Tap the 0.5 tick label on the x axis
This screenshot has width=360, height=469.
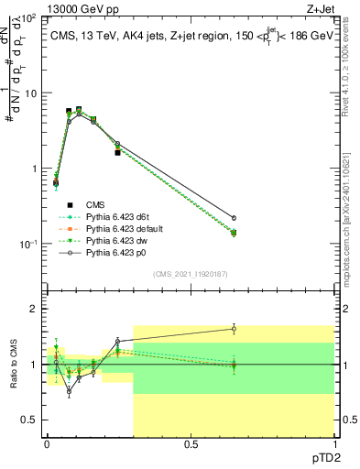pos(191,444)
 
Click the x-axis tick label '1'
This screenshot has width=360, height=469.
pos(334,444)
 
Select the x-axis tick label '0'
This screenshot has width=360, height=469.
pos(47,444)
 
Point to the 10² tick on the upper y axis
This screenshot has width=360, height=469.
pos(29,18)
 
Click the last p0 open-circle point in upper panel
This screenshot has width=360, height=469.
pos(234,218)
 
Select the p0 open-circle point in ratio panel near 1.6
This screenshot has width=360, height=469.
pos(234,328)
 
